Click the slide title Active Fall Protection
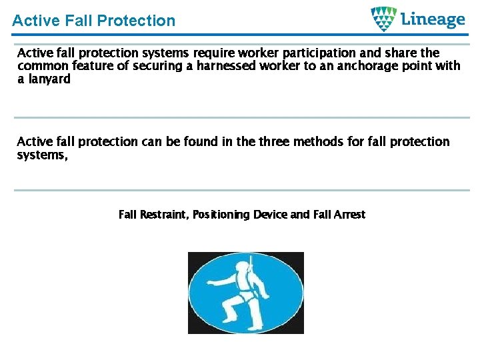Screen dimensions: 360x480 coord(93,21)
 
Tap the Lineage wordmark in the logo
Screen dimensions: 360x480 coord(433,19)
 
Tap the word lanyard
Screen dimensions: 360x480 coord(49,79)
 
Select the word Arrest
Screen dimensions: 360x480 coord(349,215)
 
